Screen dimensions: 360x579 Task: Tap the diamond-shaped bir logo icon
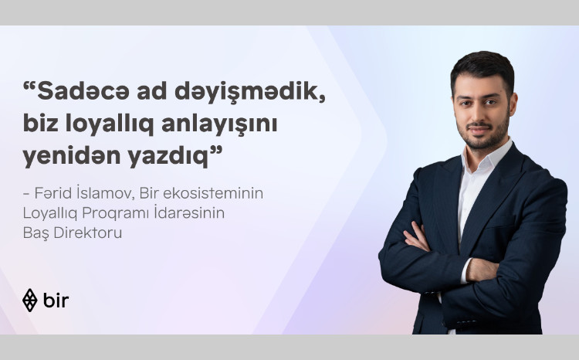click(30, 300)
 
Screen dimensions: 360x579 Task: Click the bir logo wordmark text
click(56, 300)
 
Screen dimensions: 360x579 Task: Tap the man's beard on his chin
click(478, 143)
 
